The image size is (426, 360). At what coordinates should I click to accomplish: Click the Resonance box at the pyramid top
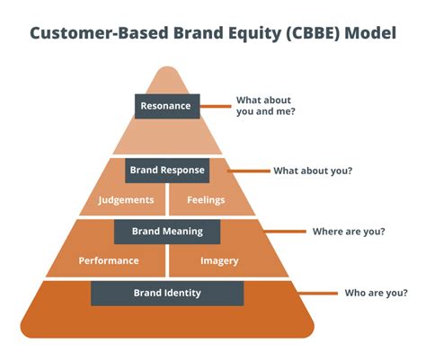point(167,106)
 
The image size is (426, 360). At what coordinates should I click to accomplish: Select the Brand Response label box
point(167,169)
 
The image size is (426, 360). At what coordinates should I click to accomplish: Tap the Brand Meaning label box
point(167,231)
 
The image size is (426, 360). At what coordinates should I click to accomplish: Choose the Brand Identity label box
point(167,293)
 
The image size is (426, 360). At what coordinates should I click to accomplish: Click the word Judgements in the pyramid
point(126,199)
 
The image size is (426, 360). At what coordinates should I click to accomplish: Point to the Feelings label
point(207,199)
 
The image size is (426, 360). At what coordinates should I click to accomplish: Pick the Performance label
point(109,260)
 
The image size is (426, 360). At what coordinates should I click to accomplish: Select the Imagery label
point(219,260)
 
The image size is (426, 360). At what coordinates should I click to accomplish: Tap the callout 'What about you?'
point(313,170)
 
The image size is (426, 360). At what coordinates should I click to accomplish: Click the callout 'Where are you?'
point(349,232)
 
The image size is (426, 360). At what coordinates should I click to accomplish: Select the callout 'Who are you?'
point(377,293)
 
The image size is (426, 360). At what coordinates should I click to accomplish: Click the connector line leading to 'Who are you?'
point(293,293)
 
